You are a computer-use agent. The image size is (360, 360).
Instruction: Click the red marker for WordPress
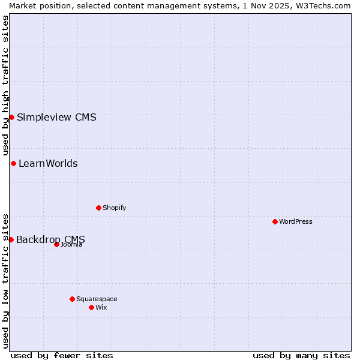[x=275, y=221]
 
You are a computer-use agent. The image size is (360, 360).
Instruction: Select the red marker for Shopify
[x=98, y=208]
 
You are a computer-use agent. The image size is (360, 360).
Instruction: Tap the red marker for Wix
[x=91, y=307]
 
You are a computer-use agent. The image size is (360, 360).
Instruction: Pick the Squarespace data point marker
[x=72, y=299]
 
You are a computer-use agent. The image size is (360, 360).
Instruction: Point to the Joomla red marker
[x=56, y=244]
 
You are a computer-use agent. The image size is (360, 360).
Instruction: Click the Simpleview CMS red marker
[x=11, y=117]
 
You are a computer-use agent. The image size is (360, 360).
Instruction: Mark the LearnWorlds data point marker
[x=13, y=163]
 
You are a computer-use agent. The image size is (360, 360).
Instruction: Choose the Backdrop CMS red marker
[x=11, y=239]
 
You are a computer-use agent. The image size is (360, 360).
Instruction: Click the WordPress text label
[x=296, y=221]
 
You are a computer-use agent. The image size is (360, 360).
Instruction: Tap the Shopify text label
[x=114, y=208]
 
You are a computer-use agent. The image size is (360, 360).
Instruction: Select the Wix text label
[x=101, y=307]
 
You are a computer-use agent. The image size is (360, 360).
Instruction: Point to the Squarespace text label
[x=97, y=299]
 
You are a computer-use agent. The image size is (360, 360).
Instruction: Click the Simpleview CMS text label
[x=56, y=117]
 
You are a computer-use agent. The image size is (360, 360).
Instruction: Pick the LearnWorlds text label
[x=48, y=163]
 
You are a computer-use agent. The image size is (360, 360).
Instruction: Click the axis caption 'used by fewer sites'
[x=62, y=355]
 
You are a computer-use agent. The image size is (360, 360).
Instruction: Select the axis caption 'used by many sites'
[x=301, y=355]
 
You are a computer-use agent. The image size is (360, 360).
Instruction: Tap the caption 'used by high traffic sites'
[x=5, y=85]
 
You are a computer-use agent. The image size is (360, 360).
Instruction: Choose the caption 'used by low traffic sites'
[x=5, y=280]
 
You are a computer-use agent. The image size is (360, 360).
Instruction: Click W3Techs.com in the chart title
[x=322, y=5]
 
